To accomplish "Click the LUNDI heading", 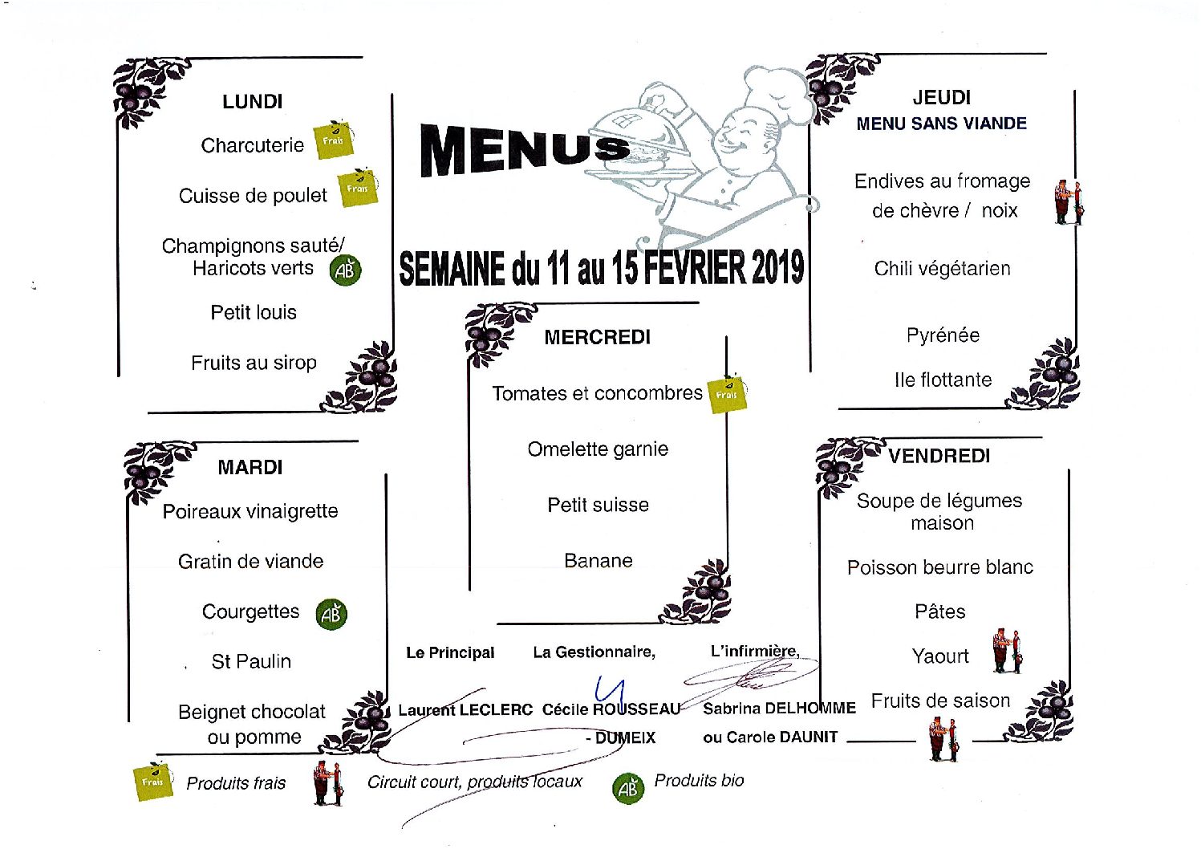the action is tap(252, 101).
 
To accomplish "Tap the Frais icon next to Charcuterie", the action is tap(334, 140).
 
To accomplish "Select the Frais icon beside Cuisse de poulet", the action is tap(358, 187).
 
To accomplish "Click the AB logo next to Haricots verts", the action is tap(345, 270).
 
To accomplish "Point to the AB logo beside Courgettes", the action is tap(331, 614).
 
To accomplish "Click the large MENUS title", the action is tap(525, 150).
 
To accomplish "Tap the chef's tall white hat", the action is tap(770, 86).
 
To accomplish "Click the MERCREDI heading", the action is tap(597, 337).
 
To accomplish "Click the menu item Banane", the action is tap(598, 560).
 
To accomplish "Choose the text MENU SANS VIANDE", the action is tap(942, 124).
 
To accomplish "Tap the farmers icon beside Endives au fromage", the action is tap(1068, 203).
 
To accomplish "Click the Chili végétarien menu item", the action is tap(942, 268).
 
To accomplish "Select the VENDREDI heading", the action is tap(939, 456).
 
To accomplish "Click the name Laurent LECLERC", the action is tap(465, 709).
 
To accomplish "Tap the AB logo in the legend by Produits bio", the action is tap(628, 788).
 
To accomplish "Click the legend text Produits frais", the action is tap(236, 783).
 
